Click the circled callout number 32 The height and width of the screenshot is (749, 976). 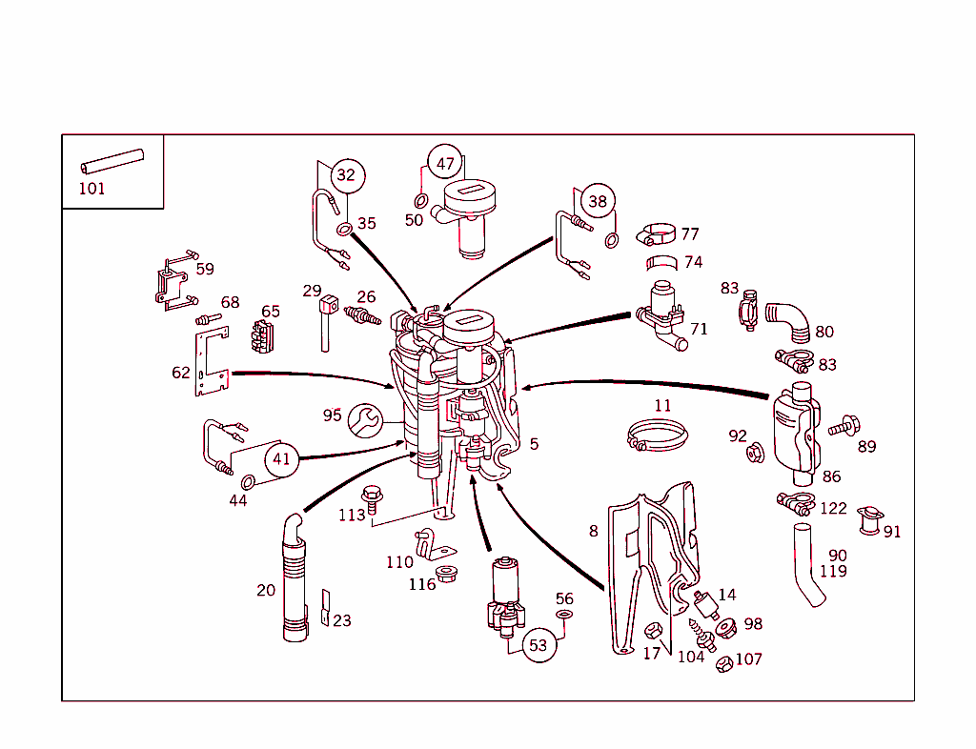point(345,175)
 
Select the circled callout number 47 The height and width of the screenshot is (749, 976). point(445,163)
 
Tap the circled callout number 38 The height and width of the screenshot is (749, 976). point(597,201)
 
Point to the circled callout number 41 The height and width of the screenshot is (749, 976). point(280,458)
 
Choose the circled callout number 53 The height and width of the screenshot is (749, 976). point(539,645)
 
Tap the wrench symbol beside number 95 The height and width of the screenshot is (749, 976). point(364,417)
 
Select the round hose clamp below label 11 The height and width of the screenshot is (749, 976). point(658,436)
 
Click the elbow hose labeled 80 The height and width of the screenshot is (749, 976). point(787,319)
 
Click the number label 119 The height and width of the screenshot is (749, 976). point(833,572)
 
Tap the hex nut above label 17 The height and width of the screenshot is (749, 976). point(653,631)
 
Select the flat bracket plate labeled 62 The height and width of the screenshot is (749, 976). point(212,363)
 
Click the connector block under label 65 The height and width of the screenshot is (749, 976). point(262,336)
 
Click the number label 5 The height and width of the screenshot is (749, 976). point(534,444)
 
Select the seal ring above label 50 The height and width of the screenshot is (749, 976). point(420,201)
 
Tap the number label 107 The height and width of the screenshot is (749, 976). point(748,658)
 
